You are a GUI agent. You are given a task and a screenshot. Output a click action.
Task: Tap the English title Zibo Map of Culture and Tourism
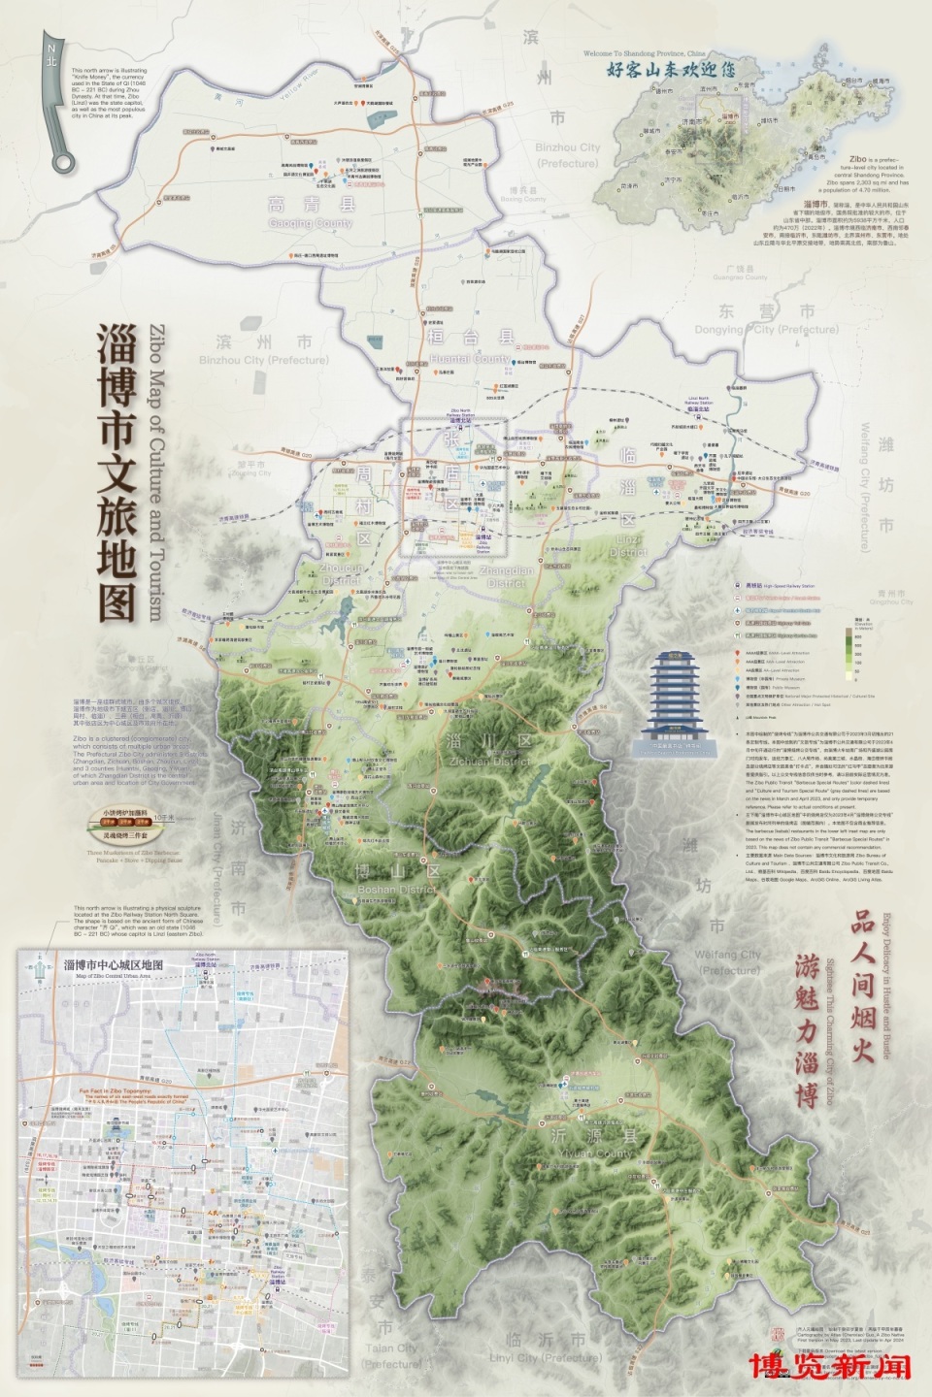pos(155,471)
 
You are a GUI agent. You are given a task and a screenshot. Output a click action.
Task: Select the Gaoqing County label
pos(312,213)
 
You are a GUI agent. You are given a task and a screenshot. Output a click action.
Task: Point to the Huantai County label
pos(471,346)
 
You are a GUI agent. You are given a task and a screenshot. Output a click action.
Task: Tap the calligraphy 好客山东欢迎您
pos(670,70)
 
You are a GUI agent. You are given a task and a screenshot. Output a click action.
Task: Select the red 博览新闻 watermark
pos(830,1366)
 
